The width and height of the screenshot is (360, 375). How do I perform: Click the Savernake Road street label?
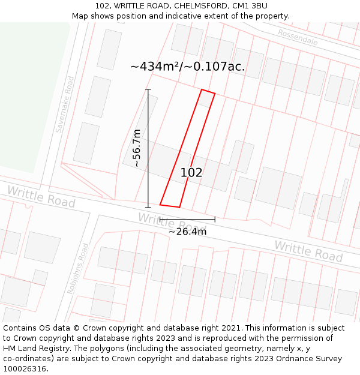click(65, 104)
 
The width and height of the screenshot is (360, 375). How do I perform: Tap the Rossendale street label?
click(298, 37)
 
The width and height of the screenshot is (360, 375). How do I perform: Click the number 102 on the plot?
click(191, 173)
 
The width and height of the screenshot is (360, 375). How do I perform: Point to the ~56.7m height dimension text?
click(137, 148)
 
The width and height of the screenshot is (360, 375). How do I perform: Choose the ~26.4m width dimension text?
click(187, 232)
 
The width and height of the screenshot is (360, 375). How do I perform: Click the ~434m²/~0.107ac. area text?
click(187, 67)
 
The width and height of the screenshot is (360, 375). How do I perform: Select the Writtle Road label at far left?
click(41, 197)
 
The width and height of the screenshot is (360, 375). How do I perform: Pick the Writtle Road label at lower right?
click(308, 251)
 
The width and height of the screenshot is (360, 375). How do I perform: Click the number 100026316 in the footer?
click(25, 369)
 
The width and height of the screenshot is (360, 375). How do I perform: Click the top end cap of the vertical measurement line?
click(148, 90)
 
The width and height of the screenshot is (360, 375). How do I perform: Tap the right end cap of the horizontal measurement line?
click(215, 219)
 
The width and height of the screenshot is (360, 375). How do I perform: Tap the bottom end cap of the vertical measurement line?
click(148, 207)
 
